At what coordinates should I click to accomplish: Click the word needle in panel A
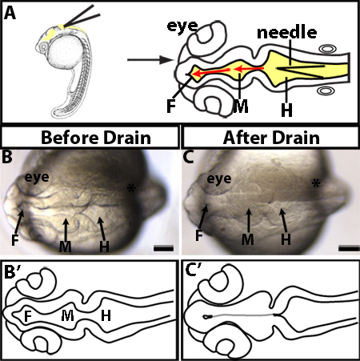pos(287,33)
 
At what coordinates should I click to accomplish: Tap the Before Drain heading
pos(96,138)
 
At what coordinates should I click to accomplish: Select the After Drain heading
pos(271,138)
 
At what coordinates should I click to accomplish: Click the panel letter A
pos(10,13)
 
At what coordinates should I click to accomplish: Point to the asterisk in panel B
pos(131,189)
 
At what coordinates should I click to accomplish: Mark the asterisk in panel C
pos(316,183)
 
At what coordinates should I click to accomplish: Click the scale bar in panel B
pos(163,249)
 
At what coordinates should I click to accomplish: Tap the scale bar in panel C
pos(348,249)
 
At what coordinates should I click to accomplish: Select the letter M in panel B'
pos(67,316)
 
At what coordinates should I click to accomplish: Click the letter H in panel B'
pos(106,316)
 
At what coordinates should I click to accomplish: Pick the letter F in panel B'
pos(28,316)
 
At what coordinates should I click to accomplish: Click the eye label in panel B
pos(37,178)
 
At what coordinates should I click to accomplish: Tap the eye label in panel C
pos(219,179)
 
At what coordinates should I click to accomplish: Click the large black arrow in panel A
pos(150,60)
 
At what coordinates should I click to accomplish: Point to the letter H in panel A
pos(286,110)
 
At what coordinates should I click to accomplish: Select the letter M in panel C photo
pos(248,239)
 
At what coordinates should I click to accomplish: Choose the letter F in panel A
pos(171,106)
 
